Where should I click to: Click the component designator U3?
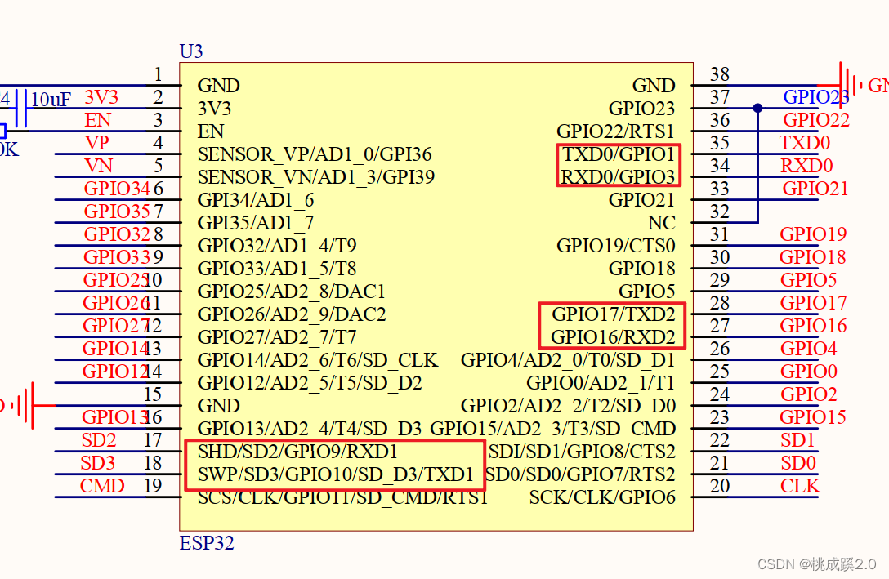click(191, 51)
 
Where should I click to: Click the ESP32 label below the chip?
click(206, 543)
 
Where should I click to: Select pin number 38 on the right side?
click(719, 74)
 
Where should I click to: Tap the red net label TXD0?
click(805, 143)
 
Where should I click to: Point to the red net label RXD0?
click(806, 166)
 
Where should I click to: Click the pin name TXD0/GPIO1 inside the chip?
click(619, 154)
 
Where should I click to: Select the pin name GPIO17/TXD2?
click(614, 314)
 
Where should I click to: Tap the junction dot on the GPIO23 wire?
click(758, 108)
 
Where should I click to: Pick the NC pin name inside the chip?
click(661, 223)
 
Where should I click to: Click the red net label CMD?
click(102, 486)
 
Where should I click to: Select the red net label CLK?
click(800, 486)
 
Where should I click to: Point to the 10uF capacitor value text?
click(51, 100)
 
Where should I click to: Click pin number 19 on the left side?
click(153, 486)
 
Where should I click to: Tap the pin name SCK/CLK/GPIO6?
click(602, 497)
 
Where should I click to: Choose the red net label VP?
click(96, 143)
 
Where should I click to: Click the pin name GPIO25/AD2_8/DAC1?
click(291, 292)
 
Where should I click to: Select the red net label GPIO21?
click(815, 189)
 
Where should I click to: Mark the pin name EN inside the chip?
click(211, 131)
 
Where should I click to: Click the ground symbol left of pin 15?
click(29, 405)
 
